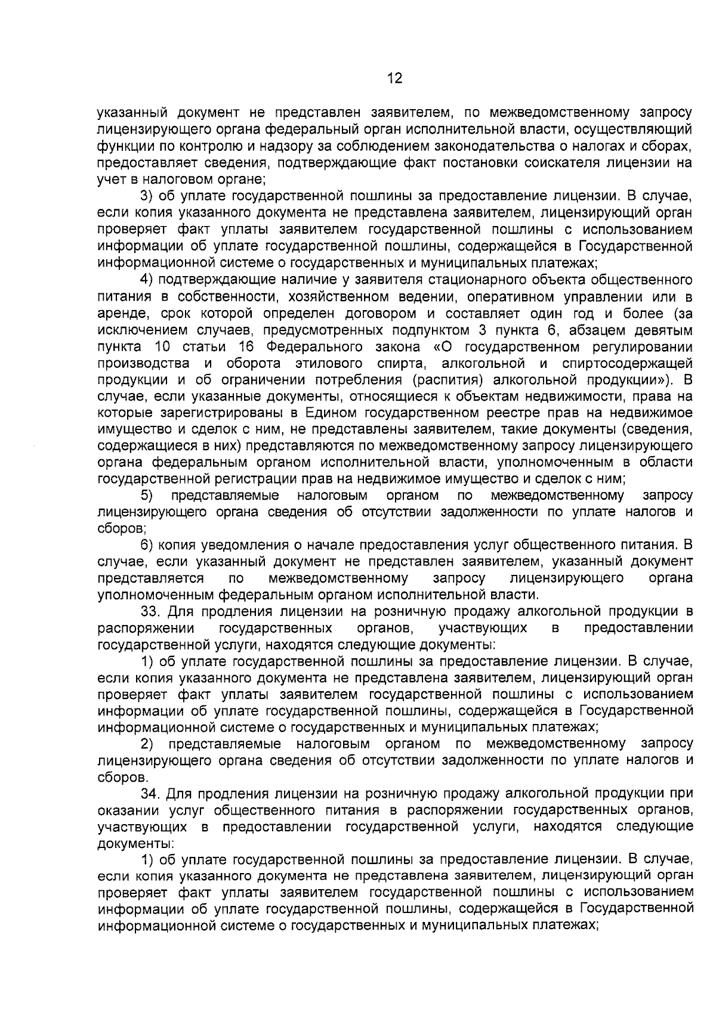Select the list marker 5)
147,496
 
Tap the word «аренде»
120,314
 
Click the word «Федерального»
314,346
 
